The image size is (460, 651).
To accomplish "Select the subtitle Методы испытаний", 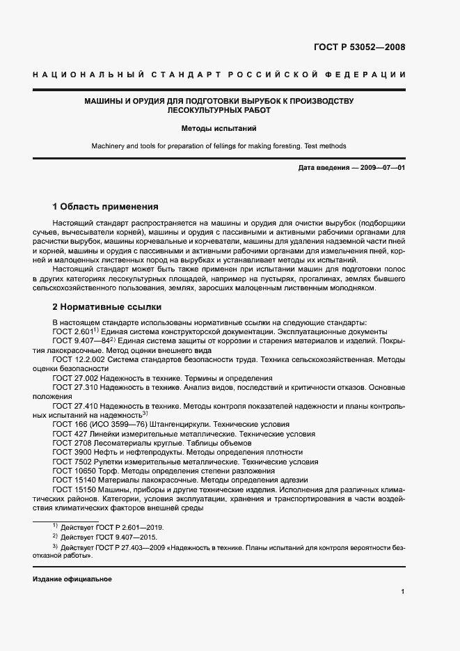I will pos(219,129).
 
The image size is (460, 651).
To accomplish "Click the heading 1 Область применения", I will pos(106,207).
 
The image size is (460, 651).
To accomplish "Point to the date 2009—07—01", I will pos(381,168).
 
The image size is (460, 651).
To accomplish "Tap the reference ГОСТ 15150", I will pos(73,489).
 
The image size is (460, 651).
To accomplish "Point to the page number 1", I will pos(402,592).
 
